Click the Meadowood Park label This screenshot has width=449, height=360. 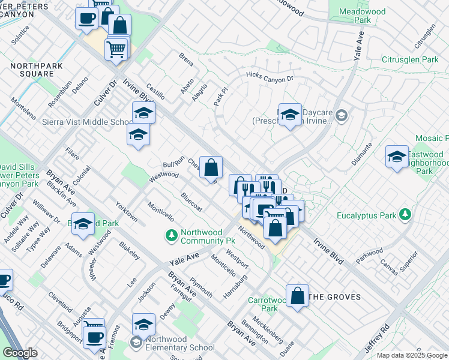[363, 16]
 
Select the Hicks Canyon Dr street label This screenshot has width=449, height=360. [269, 76]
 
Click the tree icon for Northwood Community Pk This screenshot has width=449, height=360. [171, 235]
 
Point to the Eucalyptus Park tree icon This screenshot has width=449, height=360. [406, 214]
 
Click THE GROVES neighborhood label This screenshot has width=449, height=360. [335, 297]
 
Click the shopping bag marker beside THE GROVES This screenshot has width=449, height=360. [297, 296]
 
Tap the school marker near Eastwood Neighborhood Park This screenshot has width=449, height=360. [396, 157]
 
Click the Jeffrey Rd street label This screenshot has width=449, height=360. [377, 338]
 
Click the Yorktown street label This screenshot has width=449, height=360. [127, 211]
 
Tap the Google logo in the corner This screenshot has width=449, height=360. [20, 353]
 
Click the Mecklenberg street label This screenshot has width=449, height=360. [268, 328]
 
